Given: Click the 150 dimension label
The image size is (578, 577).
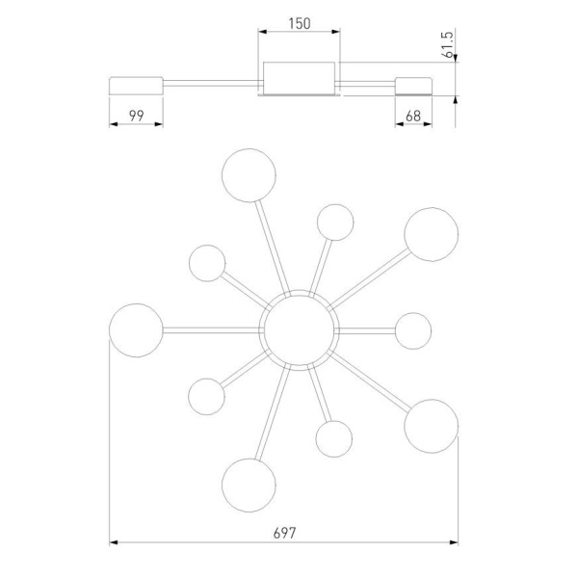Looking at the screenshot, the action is click(300, 23).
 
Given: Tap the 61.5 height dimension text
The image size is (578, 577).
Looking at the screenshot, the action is click(448, 44).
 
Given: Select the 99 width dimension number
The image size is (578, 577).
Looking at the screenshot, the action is click(137, 116).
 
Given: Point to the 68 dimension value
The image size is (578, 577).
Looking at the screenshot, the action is click(413, 117).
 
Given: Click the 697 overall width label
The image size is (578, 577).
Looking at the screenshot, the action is click(284, 533).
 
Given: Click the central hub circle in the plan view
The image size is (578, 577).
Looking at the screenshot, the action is click(299, 330).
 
